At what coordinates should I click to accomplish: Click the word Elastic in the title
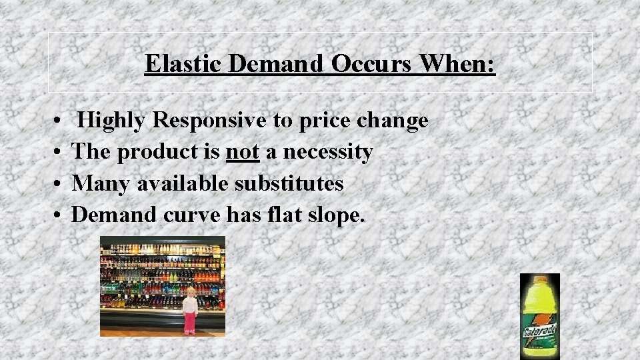[183, 64]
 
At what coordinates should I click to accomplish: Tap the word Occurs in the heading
[370, 64]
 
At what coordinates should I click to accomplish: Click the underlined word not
[243, 152]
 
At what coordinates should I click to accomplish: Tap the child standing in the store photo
[190, 309]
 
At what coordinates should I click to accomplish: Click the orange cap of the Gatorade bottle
[540, 279]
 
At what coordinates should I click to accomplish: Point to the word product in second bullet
[158, 152]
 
